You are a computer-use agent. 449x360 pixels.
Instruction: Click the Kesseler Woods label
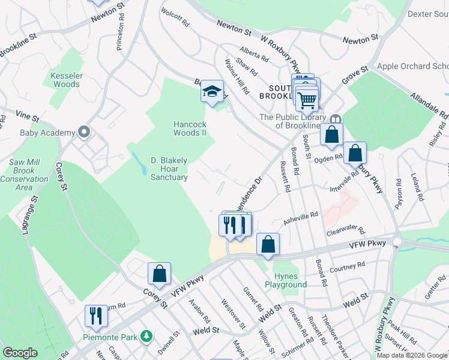(x=65, y=80)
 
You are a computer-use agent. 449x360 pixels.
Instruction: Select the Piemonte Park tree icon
(x=145, y=334)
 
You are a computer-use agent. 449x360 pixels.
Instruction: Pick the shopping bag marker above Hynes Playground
(x=268, y=244)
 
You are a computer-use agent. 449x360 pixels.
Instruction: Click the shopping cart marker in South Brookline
(x=307, y=98)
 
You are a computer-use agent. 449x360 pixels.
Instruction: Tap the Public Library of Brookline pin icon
(x=336, y=119)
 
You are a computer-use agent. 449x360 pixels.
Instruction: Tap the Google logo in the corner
(x=20, y=353)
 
